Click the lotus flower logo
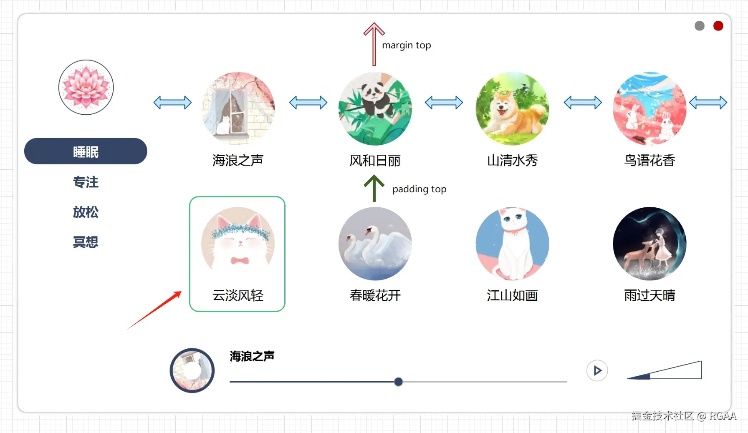pos(86,87)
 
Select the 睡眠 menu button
pos(86,151)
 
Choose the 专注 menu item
pos(86,182)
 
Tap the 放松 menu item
pos(86,212)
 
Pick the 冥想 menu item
pos(86,242)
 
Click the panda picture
pos(375,108)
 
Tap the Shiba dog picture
pos(512,108)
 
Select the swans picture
pos(375,244)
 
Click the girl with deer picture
pos(649,244)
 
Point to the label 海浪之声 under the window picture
pos(238,160)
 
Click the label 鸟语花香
pos(649,160)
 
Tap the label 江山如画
pos(512,295)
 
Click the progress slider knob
pos(398,382)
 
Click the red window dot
pos(718,26)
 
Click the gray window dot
pos(700,26)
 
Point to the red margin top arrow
pos(374,44)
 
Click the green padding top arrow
pos(374,188)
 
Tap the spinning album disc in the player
pos(192,370)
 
